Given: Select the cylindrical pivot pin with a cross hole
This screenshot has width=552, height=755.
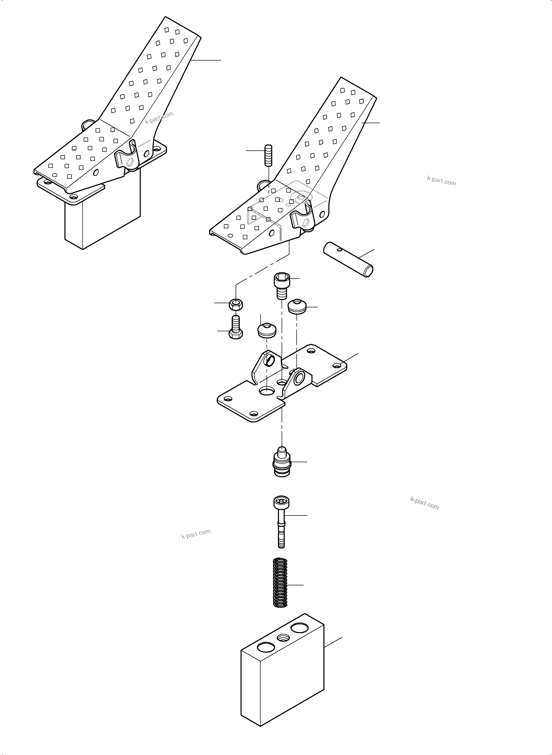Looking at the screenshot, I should (x=348, y=260).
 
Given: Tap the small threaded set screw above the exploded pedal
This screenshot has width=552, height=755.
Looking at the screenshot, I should (x=269, y=155).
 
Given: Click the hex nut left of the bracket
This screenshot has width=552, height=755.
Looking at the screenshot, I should (x=236, y=304).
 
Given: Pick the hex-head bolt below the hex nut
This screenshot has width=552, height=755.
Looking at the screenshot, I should (x=236, y=328).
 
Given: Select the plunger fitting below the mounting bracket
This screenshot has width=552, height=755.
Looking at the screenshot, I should (x=282, y=463).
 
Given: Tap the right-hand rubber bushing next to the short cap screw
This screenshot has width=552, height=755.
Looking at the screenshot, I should (x=297, y=307).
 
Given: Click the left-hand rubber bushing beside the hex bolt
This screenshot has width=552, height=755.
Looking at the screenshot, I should (x=267, y=330).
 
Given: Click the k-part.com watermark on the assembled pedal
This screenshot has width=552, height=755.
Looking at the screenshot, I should (x=159, y=117).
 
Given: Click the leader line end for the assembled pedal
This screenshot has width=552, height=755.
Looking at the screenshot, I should (x=221, y=60).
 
